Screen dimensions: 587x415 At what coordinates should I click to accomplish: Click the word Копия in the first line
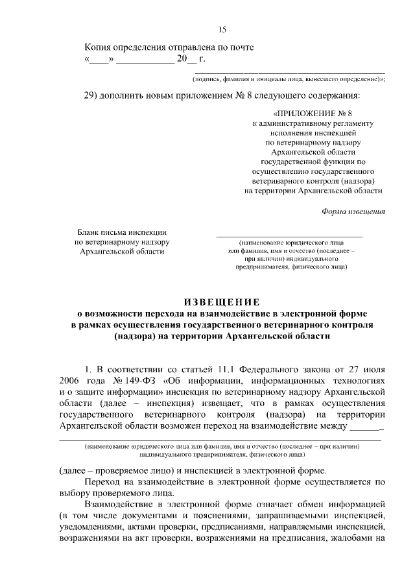pyautogui.click(x=99, y=47)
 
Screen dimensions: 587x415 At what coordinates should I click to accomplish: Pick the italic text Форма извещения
pyautogui.click(x=353, y=211)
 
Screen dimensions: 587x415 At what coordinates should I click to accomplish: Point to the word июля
pyautogui.click(x=375, y=368)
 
